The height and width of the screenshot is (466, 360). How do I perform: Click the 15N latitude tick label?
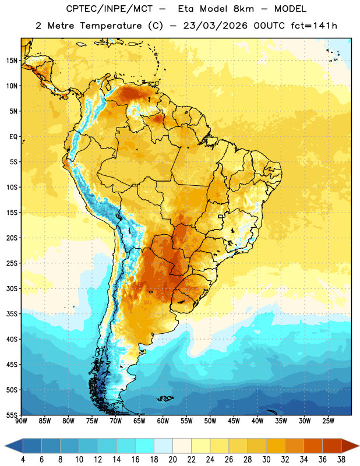coord(12,61)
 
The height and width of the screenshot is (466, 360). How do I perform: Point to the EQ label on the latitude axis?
coord(13,137)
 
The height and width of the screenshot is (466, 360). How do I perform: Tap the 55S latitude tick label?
coord(12,415)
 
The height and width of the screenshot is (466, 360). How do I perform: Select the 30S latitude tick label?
coord(12,288)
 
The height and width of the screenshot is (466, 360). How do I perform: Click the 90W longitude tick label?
coord(21,421)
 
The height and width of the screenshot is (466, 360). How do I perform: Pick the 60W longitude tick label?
coord(163,421)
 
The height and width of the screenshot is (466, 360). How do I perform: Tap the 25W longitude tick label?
coord(328,421)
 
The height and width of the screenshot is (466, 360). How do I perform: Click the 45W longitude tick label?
coord(234,421)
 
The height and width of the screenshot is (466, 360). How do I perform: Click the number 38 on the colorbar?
coord(341,460)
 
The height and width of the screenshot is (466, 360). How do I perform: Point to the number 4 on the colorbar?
coord(23,460)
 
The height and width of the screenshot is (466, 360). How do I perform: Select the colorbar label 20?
coord(172,460)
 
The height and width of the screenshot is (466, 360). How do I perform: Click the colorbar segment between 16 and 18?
coord(144,446)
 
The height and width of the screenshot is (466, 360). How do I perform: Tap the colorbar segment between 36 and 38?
coord(332,446)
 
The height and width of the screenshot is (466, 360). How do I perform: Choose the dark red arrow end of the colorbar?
coord(350,446)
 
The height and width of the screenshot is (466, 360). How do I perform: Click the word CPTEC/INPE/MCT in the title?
coord(109,9)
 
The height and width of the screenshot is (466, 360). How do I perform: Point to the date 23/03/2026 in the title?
coord(215,26)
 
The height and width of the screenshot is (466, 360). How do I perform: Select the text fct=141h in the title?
coord(314,26)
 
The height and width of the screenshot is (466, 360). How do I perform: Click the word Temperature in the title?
coord(111,26)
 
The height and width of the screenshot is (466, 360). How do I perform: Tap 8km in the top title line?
coord(243,9)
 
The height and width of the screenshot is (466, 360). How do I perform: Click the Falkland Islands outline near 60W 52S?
coord(165,398)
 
